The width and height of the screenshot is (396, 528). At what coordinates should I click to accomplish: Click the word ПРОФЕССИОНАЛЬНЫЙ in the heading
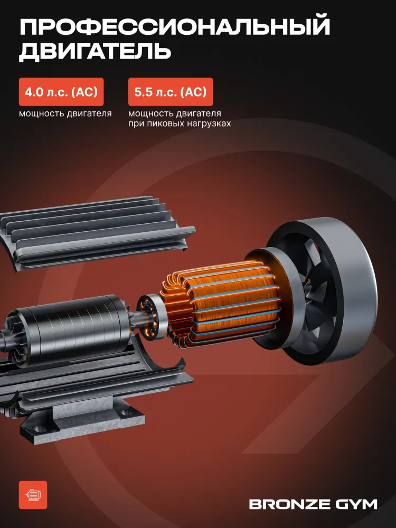coord(174,27)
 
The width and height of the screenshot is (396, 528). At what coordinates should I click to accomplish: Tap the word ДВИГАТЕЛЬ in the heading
coord(95,52)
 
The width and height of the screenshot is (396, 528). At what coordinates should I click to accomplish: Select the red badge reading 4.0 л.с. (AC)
coord(61,92)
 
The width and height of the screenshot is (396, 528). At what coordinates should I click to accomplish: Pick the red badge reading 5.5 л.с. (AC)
coord(171,92)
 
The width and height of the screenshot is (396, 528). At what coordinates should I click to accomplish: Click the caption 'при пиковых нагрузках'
coord(180,124)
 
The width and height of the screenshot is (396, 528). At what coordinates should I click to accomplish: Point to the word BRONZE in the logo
coord(289,504)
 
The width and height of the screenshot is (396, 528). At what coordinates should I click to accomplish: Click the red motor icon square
coord(33,495)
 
